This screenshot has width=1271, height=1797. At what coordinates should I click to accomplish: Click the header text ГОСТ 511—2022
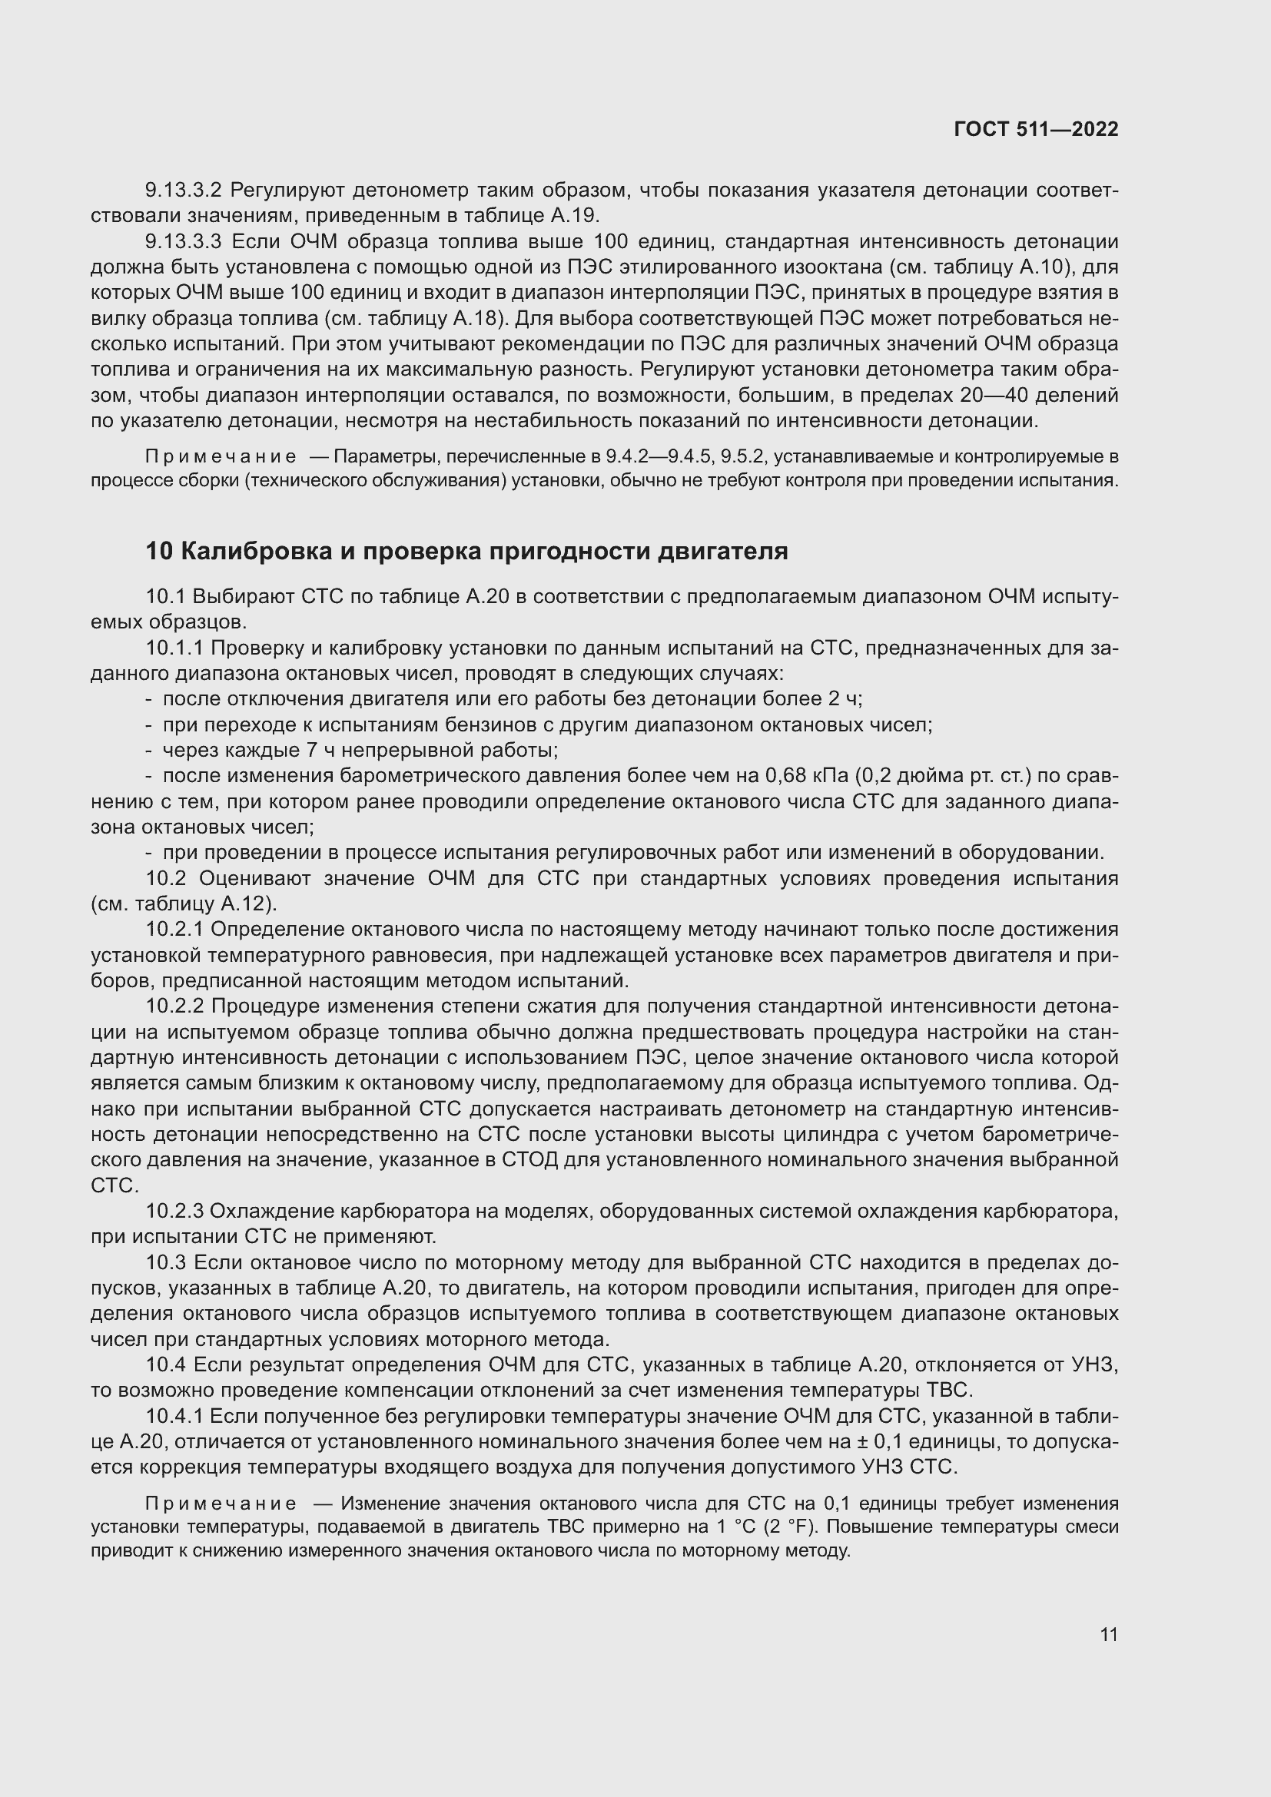click(1035, 129)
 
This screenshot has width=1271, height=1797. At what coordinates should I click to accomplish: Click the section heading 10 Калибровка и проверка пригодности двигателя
click(466, 551)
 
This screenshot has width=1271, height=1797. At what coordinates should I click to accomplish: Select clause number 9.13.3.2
click(184, 191)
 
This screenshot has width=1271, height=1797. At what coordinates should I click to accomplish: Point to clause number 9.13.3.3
click(184, 241)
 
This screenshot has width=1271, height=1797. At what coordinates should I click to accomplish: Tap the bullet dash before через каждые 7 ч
click(149, 751)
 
